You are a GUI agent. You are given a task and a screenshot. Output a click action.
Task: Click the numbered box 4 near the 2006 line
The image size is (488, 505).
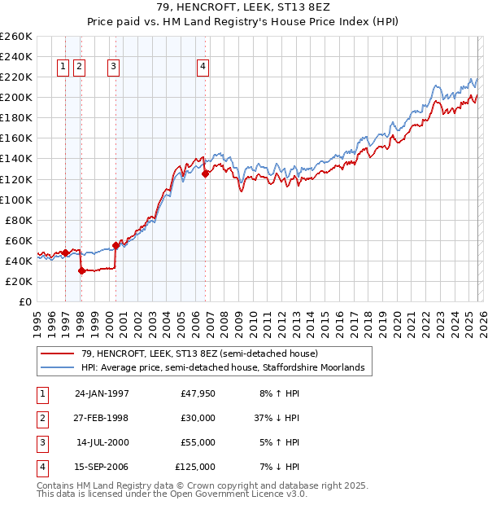[x=203, y=68]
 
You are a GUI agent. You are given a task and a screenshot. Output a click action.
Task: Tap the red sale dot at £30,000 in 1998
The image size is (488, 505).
[x=81, y=271]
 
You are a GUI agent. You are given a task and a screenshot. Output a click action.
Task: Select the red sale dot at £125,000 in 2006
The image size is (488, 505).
[x=205, y=173]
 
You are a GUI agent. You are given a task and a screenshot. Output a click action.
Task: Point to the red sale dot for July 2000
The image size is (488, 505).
[x=115, y=245]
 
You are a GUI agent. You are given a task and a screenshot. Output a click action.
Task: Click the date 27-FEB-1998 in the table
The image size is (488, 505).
[x=102, y=417]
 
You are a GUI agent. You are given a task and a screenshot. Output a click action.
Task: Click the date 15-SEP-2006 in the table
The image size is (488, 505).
[x=102, y=467]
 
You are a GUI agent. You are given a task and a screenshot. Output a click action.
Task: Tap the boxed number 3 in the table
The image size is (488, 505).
[x=41, y=442]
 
